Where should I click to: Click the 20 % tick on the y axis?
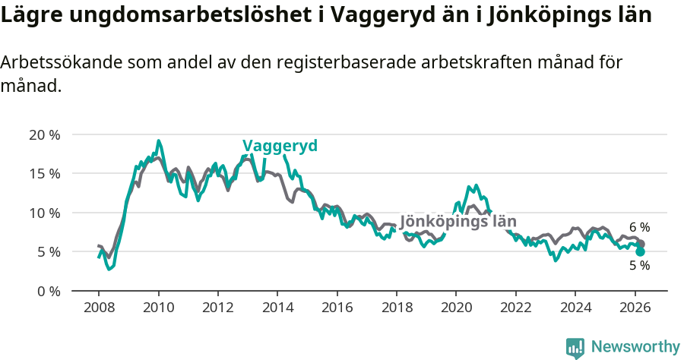[44, 134]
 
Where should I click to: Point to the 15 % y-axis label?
[44, 173]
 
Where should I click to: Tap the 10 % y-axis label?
[44, 213]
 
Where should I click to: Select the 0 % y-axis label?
[48, 291]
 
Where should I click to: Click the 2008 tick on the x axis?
[99, 308]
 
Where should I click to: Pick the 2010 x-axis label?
[158, 308]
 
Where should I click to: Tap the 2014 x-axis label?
[277, 308]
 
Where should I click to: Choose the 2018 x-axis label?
[396, 308]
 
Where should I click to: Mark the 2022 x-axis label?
[515, 308]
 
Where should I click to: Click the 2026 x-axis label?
[634, 308]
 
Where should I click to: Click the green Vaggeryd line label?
[280, 146]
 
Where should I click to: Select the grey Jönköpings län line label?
[458, 222]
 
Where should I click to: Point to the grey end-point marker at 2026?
[641, 244]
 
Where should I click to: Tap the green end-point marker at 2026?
[641, 251]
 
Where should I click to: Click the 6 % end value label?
[639, 227]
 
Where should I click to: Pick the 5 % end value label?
[639, 266]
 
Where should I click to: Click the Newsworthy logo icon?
[575, 348]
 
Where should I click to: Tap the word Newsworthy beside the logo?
[635, 347]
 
